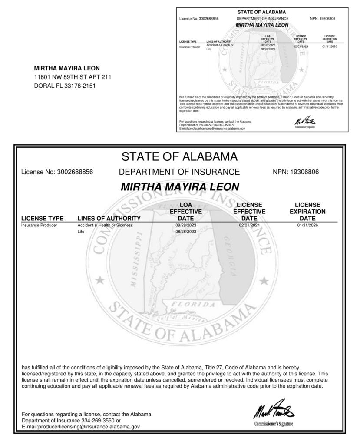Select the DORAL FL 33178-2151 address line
65,86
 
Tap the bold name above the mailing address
67,68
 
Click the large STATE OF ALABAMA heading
179,156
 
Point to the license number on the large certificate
57,172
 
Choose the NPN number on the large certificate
296,172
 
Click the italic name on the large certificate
180,187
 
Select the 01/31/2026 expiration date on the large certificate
307,226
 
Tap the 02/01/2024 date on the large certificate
249,226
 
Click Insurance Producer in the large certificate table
39,226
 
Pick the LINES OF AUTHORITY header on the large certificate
109,218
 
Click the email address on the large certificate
81,427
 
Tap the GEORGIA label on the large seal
231,257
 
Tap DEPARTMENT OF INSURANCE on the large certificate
179,172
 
